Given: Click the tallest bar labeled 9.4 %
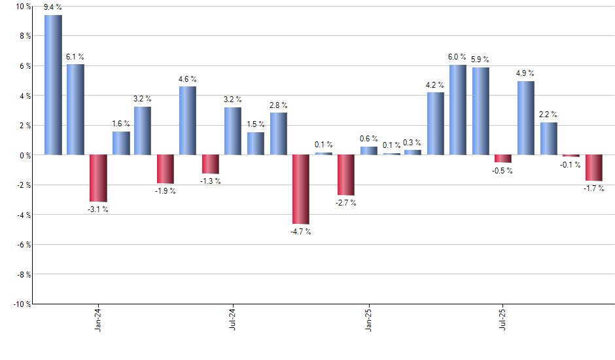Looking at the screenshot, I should [x=53, y=85].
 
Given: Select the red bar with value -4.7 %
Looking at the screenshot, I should [x=301, y=190].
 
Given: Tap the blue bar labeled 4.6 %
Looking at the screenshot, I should [x=188, y=120].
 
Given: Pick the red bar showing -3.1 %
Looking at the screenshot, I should [x=98, y=178].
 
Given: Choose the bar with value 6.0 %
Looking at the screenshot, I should [x=458, y=110].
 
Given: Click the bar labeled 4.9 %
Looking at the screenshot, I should [x=525, y=118].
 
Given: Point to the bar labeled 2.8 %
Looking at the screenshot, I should [x=278, y=134].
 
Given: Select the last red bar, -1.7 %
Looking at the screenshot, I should [x=594, y=168].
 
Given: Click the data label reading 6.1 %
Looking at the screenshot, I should [x=75, y=57].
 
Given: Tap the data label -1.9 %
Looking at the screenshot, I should [x=166, y=191].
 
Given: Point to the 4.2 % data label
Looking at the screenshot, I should [x=435, y=84].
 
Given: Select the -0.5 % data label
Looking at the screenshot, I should [x=503, y=171].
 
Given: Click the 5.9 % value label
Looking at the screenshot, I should [x=481, y=60].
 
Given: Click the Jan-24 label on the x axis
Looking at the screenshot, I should [x=98, y=320].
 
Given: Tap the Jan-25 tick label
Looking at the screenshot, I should [x=368, y=320].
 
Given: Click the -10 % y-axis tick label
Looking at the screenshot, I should [x=21, y=304].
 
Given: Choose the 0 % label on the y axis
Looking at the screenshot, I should [x=25, y=155].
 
